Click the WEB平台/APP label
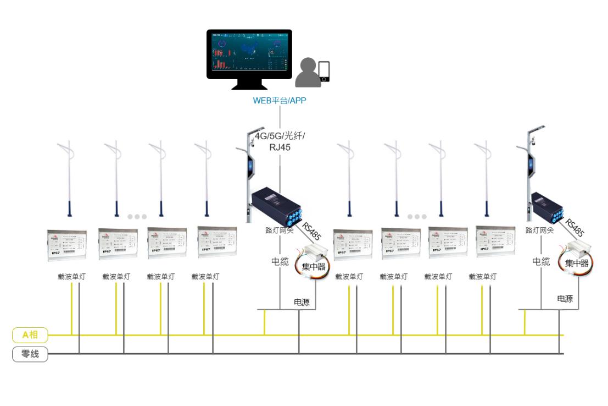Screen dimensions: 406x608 point(279,101)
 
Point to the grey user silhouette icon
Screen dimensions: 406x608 point(308,73)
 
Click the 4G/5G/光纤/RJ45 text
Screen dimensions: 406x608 point(280,141)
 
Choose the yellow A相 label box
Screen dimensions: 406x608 point(30,334)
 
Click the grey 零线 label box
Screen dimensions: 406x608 point(30,354)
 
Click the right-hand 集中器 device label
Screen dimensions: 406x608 point(577,263)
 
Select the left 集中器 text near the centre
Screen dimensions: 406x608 point(314,267)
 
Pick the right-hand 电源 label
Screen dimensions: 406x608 point(565,299)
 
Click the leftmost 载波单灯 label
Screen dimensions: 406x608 point(71,277)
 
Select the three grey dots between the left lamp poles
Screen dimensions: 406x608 point(137,216)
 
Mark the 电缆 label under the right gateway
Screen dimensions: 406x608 point(541,261)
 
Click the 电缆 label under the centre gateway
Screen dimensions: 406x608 point(280,261)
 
